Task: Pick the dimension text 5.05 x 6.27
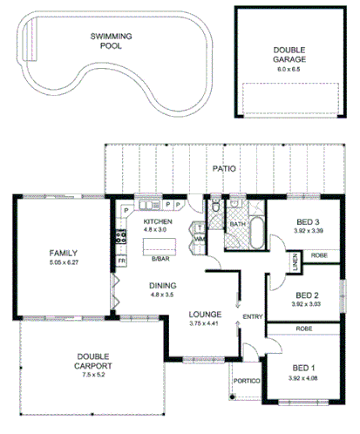point(65,262)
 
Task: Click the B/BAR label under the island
point(160,259)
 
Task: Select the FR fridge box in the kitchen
point(121,261)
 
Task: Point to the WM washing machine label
point(200,238)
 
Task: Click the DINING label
point(163,285)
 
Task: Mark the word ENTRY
point(254,316)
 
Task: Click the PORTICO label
point(245,379)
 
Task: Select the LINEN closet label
point(295,261)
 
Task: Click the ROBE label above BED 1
point(305,329)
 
